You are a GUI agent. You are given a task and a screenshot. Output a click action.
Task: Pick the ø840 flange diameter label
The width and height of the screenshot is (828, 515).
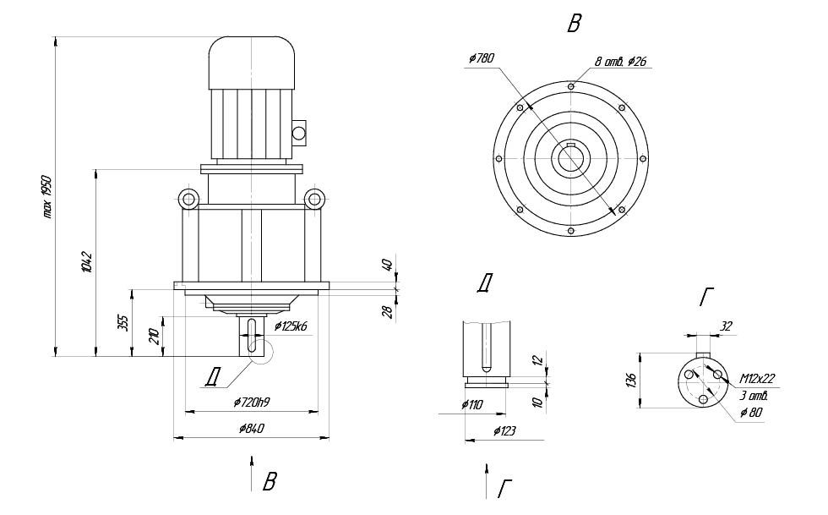tap(251, 429)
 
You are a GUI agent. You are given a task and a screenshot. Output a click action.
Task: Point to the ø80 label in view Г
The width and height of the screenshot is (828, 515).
tap(750, 413)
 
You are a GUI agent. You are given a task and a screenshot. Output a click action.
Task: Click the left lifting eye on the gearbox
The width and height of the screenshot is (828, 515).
tap(187, 200)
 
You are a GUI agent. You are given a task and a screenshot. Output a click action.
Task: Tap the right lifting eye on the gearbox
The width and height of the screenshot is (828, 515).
tap(315, 200)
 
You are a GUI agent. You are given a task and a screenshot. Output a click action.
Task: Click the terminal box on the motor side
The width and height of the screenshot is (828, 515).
tap(297, 131)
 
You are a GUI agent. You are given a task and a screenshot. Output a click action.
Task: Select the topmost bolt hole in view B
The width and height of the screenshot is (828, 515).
tap(572, 86)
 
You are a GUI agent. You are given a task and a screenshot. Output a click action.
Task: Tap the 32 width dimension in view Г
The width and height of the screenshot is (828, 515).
tap(726, 324)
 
